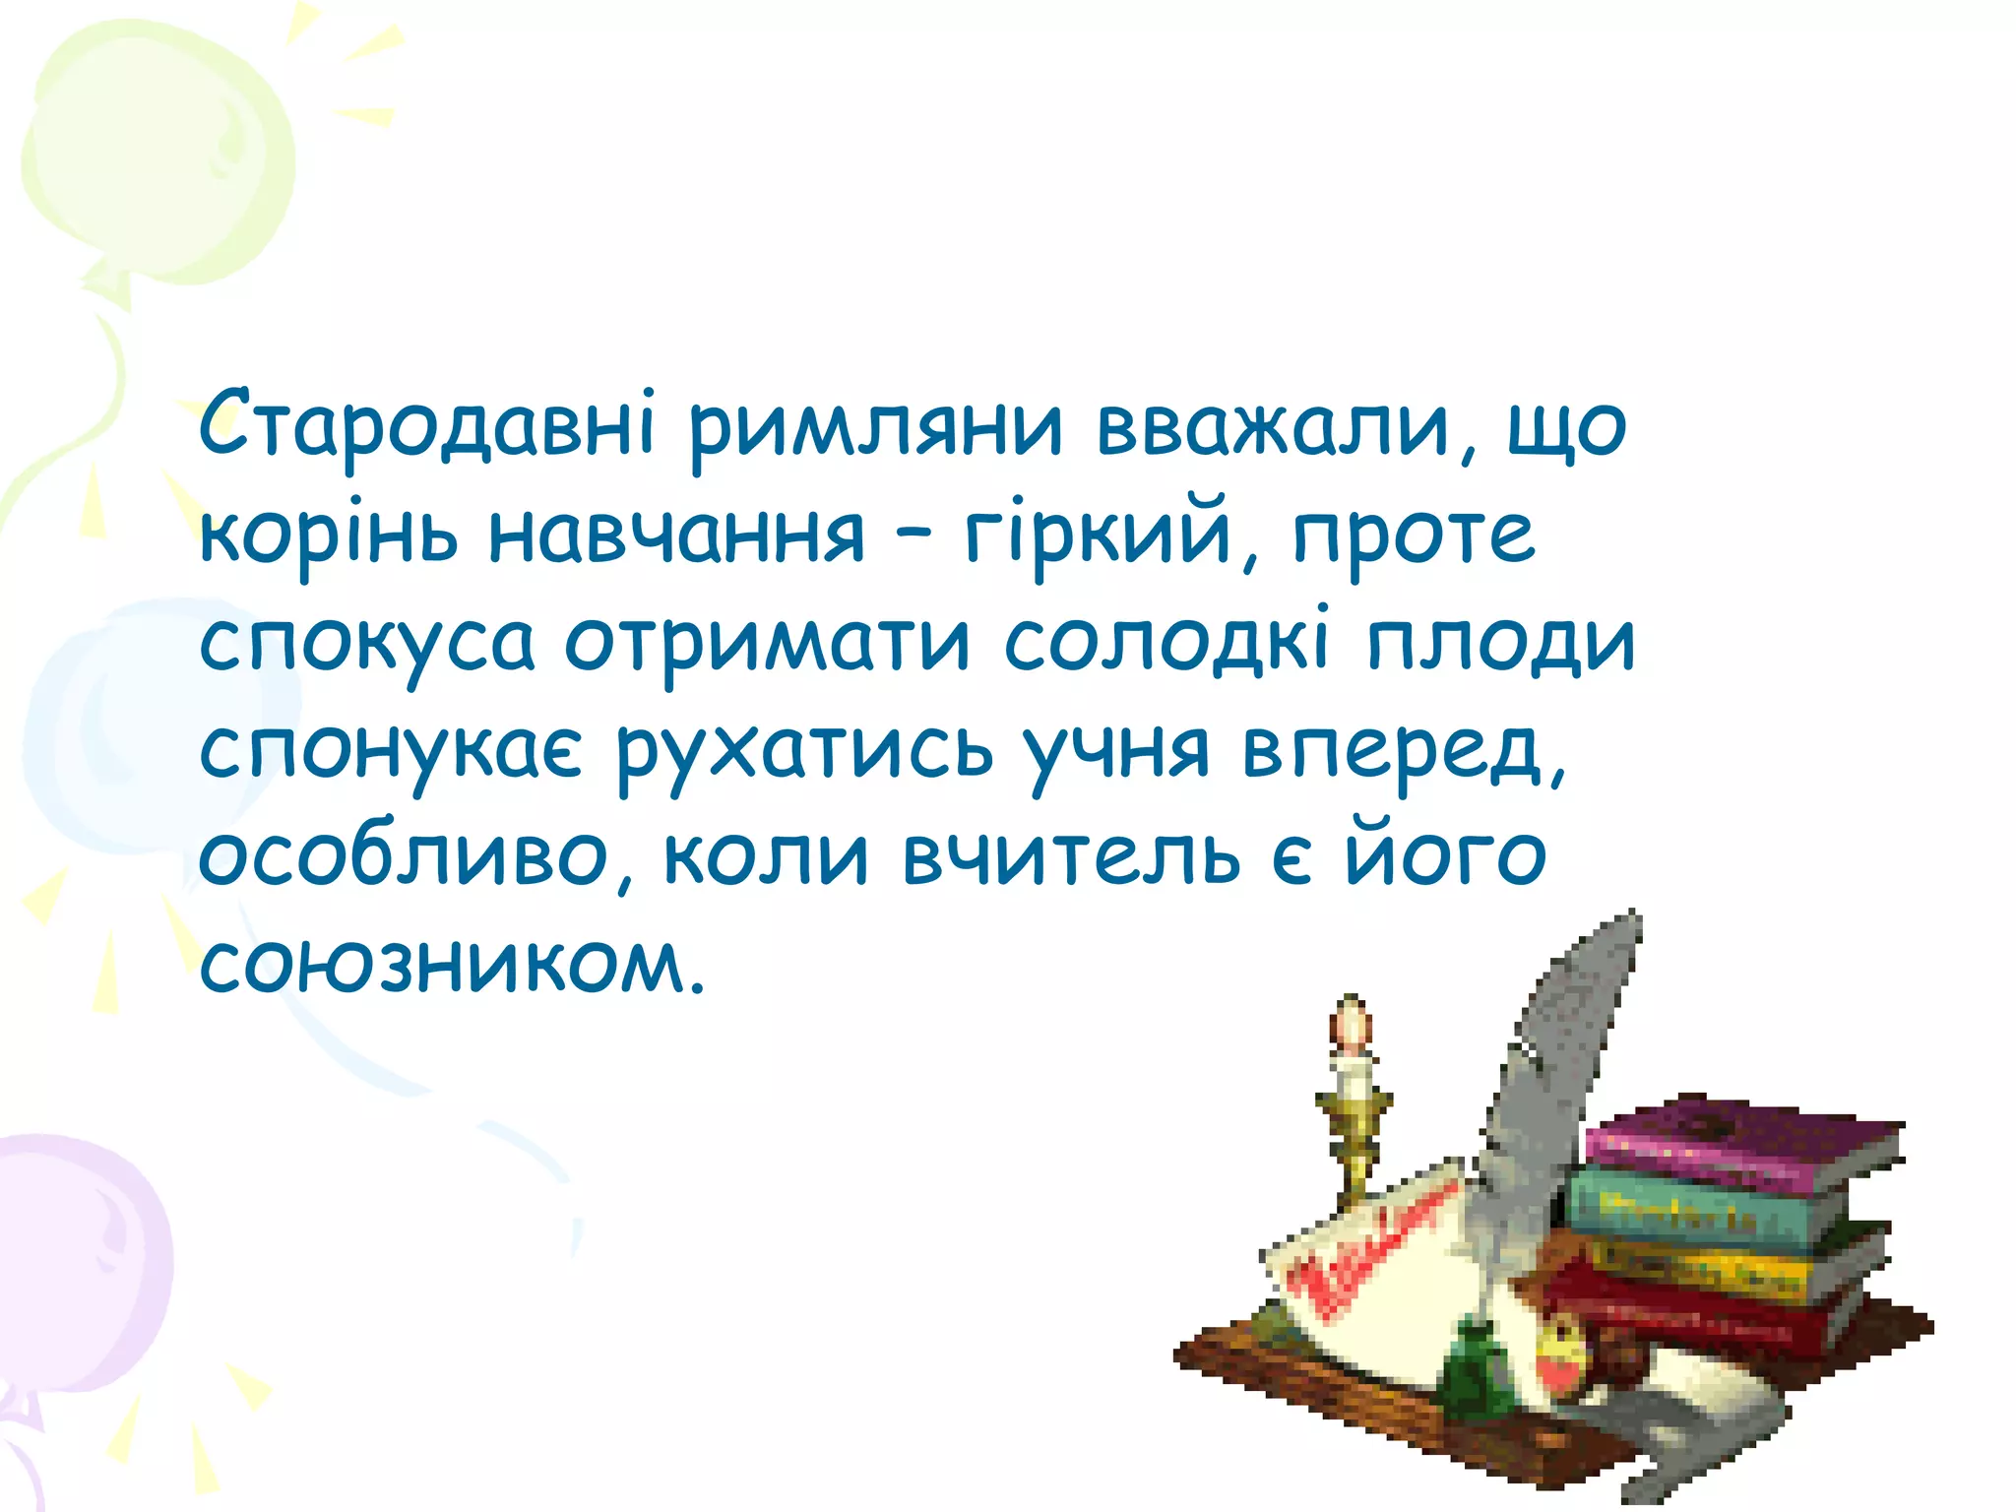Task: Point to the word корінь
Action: (329, 537)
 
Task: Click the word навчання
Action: (677, 535)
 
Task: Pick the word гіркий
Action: (1098, 535)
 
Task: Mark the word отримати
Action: (768, 645)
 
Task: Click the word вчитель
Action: (1072, 856)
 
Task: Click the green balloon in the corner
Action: (157, 157)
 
